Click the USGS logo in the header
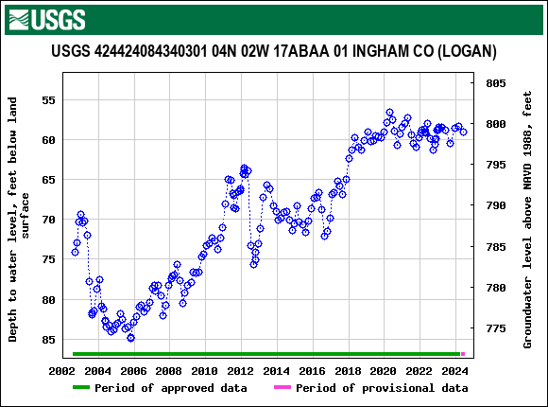point(45,18)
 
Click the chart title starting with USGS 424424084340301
point(274,51)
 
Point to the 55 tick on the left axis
point(48,99)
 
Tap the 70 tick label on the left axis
point(48,220)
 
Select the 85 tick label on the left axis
point(48,340)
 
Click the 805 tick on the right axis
point(497,83)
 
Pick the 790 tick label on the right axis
point(497,205)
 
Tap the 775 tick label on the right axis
point(497,328)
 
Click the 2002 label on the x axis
point(62,370)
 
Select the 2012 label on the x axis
point(241,370)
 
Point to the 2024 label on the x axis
point(454,370)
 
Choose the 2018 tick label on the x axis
point(348,370)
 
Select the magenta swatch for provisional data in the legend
point(281,388)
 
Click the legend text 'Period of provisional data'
point(382,388)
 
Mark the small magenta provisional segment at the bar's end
point(463,354)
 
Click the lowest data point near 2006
point(130,338)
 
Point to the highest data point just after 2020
point(389,113)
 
